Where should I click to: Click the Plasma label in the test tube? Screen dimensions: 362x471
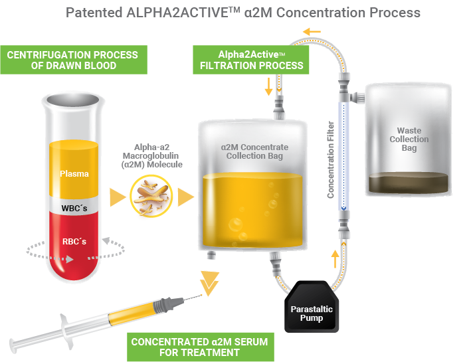(74, 174)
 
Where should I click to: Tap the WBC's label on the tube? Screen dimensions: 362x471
(74, 207)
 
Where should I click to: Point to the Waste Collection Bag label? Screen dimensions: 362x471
(409, 139)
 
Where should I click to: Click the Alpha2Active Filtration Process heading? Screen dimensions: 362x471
(252, 60)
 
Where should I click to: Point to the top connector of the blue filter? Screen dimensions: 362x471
(344, 89)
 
